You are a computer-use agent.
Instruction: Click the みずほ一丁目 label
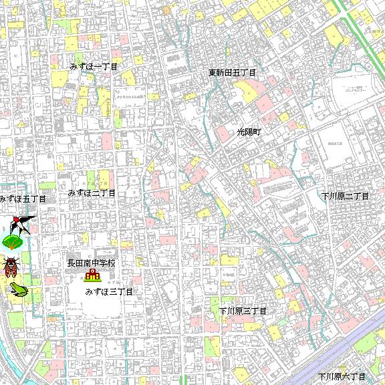pos(94,67)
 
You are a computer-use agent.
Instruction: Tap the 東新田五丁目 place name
pos(232,72)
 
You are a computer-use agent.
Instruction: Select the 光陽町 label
pos(249,132)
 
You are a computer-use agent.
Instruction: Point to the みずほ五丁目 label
pos(23,199)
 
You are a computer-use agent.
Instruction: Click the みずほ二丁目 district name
pos(92,192)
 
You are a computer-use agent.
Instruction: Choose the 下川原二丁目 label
pos(344,197)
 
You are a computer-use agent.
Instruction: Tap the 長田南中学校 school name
pos(91,263)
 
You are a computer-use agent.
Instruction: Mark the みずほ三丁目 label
pos(110,292)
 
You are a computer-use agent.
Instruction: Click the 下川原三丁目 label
pos(243,311)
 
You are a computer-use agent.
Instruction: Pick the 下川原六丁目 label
pos(342,377)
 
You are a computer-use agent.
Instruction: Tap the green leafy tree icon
pos(13,242)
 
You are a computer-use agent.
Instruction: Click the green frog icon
pos(17,289)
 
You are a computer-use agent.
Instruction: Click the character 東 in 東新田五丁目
pos(212,72)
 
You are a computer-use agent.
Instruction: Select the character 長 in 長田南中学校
pos(71,263)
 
